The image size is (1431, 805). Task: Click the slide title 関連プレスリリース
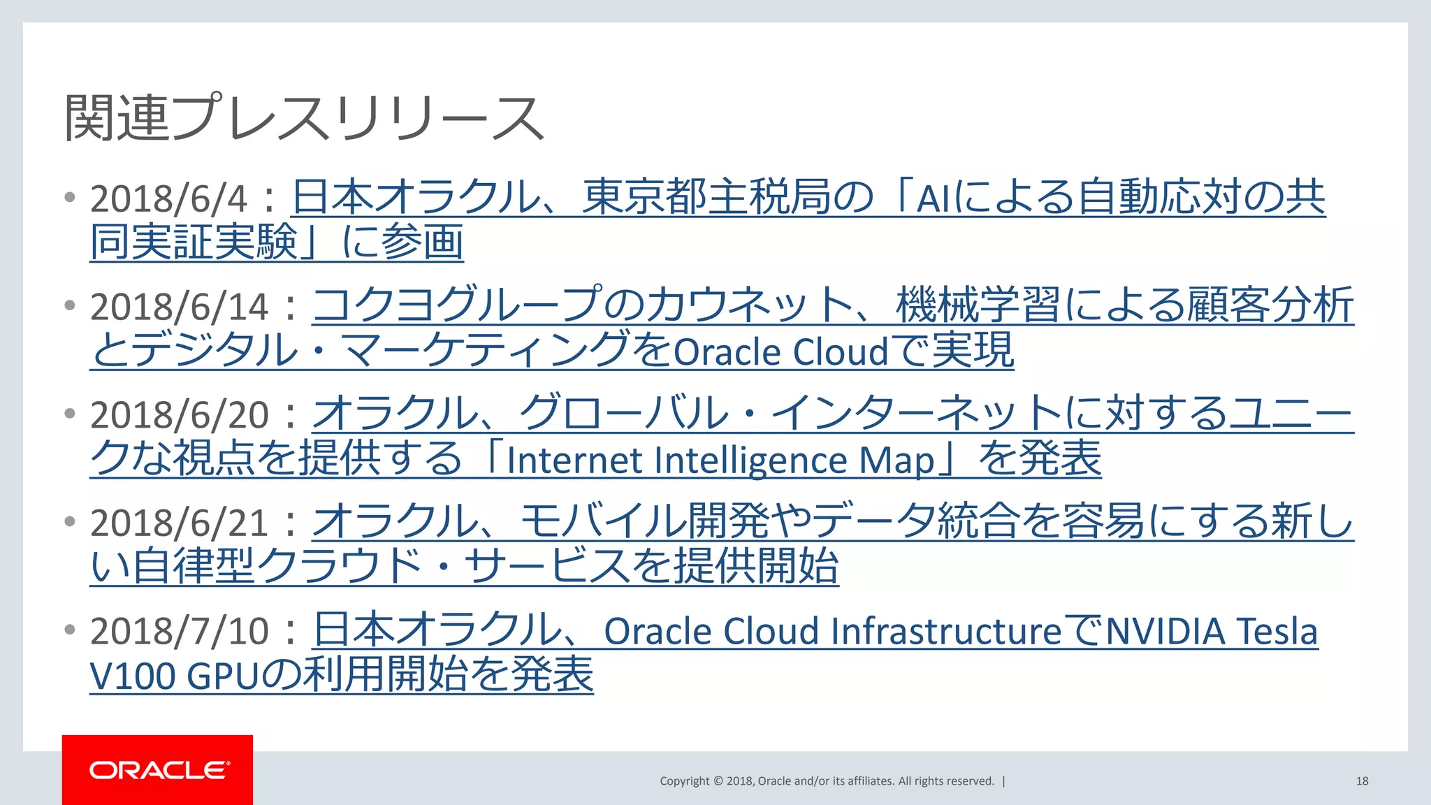304,118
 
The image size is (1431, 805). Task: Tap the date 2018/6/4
168,199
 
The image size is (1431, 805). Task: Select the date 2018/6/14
179,307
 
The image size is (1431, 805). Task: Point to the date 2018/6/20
179,415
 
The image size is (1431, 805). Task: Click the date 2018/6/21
179,523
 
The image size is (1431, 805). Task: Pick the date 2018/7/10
179,632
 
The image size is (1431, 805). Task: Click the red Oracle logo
157,770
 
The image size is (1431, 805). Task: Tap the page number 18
1362,781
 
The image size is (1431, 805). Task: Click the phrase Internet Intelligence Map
720,460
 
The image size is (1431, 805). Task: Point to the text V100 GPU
174,676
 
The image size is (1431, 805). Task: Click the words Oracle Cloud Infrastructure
832,632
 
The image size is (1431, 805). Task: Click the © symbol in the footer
718,781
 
